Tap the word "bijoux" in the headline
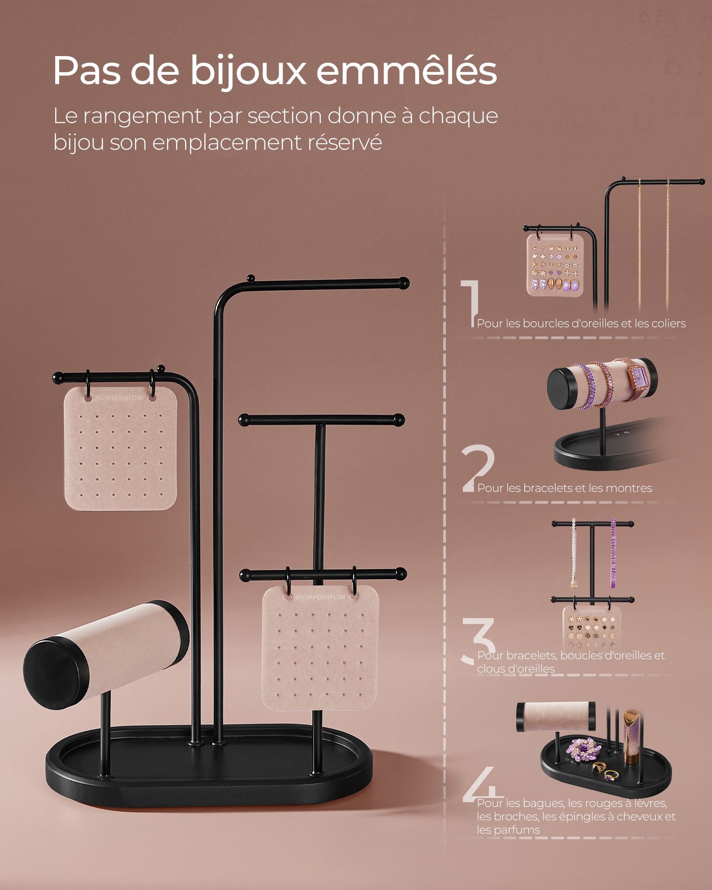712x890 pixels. point(248,71)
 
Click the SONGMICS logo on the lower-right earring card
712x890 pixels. point(320,597)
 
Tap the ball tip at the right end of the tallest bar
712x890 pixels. point(404,283)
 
